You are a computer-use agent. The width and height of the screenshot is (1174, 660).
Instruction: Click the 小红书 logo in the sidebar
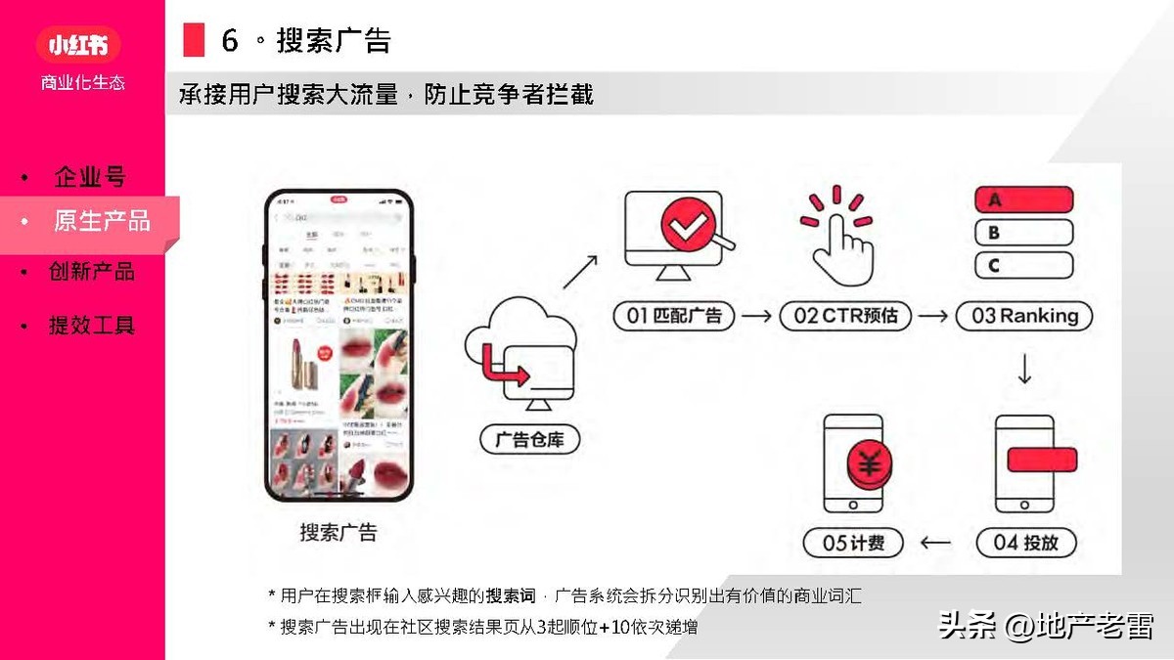[77, 44]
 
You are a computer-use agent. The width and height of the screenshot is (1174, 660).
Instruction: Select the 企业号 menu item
[90, 177]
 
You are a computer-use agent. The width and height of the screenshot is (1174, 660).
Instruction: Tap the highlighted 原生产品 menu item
[102, 221]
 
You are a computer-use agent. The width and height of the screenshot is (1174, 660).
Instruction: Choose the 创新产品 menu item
[92, 272]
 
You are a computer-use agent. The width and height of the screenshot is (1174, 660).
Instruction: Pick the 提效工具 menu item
[92, 326]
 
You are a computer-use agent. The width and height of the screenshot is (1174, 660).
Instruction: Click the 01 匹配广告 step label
[674, 316]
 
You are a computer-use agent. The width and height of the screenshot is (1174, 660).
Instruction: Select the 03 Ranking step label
[1024, 316]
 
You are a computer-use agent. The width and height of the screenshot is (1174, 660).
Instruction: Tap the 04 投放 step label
[1024, 543]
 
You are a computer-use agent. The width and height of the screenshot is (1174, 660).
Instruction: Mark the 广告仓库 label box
[530, 440]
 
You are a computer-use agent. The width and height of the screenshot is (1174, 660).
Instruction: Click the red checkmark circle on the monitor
[687, 226]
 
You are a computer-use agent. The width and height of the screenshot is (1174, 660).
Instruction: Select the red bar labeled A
[1024, 200]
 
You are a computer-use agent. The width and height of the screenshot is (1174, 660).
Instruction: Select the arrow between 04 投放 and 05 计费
[937, 543]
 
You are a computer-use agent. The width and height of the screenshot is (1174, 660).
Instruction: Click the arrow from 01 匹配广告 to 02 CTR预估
[756, 316]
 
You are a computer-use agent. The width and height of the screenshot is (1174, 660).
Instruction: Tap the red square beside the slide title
[194, 40]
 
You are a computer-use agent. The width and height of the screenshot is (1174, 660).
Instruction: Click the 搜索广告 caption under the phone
[338, 533]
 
